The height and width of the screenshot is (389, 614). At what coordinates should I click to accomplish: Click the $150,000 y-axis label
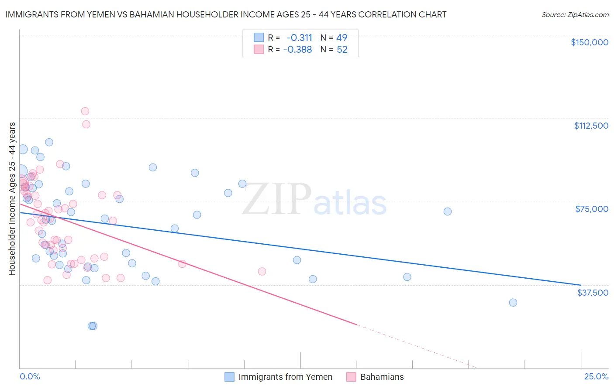pyautogui.click(x=589, y=42)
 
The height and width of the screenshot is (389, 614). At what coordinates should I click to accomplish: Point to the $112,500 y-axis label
pyautogui.click(x=591, y=126)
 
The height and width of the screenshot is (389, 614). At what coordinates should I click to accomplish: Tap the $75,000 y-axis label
pyautogui.click(x=592, y=209)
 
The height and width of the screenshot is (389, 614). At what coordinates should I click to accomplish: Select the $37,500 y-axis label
pyautogui.click(x=593, y=293)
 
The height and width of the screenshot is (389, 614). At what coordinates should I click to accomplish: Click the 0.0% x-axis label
pyautogui.click(x=30, y=376)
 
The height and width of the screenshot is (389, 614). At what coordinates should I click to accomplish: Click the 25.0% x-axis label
pyautogui.click(x=596, y=376)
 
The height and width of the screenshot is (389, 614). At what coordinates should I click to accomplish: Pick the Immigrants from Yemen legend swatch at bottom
pyautogui.click(x=230, y=377)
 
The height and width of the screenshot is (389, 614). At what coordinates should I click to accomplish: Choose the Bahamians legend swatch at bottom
pyautogui.click(x=351, y=377)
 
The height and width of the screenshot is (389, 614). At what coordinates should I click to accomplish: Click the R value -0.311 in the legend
pyautogui.click(x=299, y=38)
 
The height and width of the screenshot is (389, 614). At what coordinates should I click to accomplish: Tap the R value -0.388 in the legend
pyautogui.click(x=297, y=50)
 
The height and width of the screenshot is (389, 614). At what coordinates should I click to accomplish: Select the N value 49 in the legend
pyautogui.click(x=341, y=38)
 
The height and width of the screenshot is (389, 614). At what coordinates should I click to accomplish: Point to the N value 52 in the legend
pyautogui.click(x=342, y=50)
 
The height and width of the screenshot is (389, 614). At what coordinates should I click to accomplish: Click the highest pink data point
pyautogui.click(x=85, y=111)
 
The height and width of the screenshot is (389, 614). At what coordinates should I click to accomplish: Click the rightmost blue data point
pyautogui.click(x=513, y=303)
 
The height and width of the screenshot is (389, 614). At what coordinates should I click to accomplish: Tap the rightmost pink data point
pyautogui.click(x=262, y=272)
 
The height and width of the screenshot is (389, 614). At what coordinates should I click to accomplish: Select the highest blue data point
pyautogui.click(x=49, y=142)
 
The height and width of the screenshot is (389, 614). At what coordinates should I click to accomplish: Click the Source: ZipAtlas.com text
pyautogui.click(x=575, y=15)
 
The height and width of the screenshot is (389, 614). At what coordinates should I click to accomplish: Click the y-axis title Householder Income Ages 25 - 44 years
pyautogui.click(x=12, y=198)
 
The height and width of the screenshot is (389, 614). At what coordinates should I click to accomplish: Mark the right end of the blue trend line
pyautogui.click(x=581, y=285)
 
